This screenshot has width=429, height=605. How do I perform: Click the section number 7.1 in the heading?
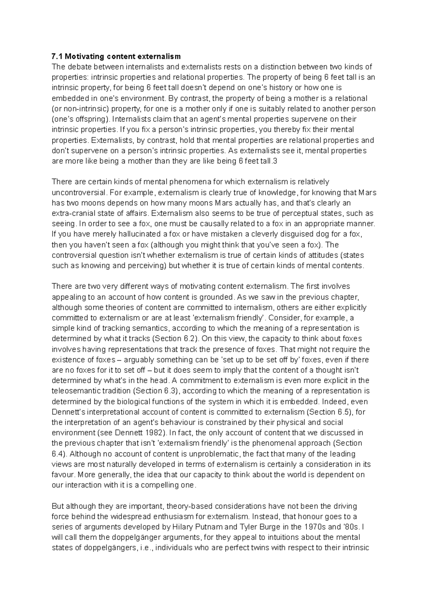coord(58,56)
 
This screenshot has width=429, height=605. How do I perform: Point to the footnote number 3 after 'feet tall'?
coord(275,161)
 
